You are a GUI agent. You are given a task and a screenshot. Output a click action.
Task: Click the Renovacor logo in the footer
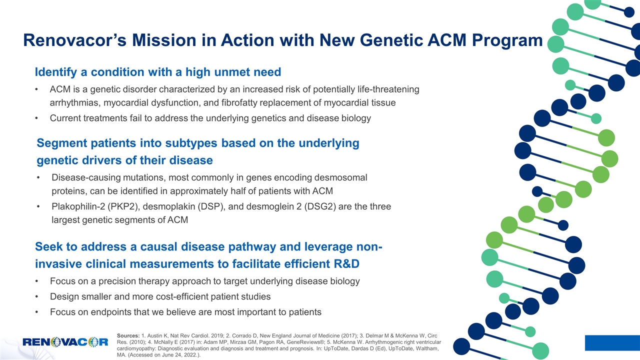click(65, 341)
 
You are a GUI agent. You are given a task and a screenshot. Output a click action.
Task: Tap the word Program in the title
click(507, 41)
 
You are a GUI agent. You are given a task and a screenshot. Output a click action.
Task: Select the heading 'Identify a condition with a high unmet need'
click(158, 72)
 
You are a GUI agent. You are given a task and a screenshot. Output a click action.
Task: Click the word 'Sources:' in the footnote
click(128, 335)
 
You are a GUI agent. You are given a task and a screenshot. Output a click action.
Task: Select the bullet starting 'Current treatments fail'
click(210, 118)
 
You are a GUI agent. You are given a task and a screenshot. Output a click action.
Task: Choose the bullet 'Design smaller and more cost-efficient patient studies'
click(160, 296)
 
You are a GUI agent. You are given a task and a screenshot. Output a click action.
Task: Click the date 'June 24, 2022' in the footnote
click(177, 355)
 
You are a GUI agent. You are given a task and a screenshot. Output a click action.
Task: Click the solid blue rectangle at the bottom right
click(612, 343)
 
